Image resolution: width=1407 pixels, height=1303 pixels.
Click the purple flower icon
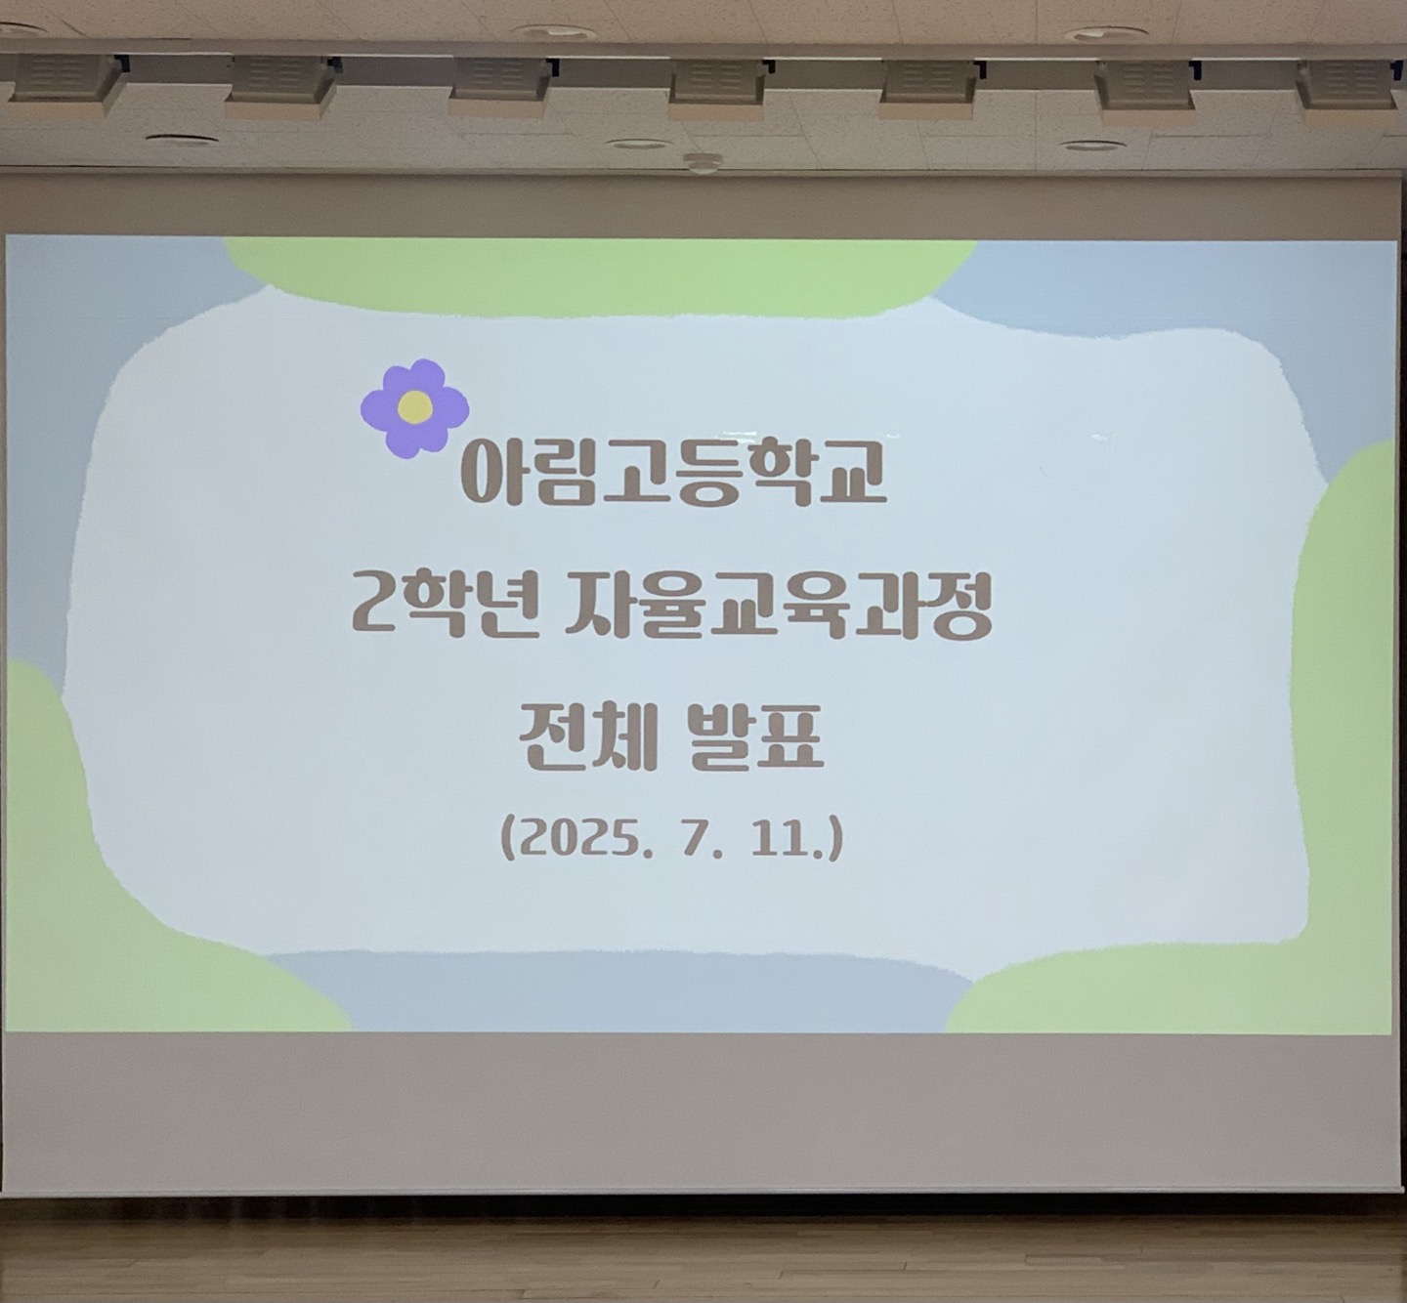[x=414, y=408]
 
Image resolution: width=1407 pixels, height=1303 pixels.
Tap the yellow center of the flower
[x=415, y=407]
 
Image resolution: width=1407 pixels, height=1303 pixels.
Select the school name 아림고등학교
[x=674, y=471]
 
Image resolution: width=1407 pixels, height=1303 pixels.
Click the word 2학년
[x=437, y=608]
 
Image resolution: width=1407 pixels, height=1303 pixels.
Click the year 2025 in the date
[x=575, y=841]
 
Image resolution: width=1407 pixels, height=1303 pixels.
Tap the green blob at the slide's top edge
[x=601, y=276]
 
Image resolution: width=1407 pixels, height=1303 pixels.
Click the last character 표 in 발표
[x=792, y=739]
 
